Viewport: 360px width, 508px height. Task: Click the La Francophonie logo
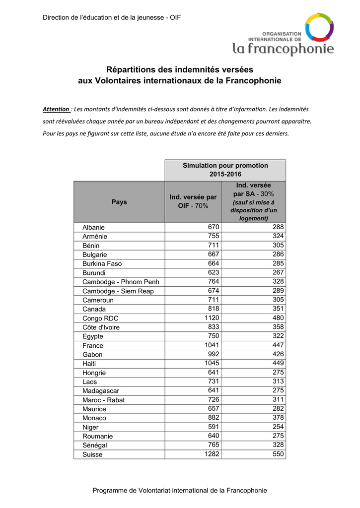pyautogui.click(x=284, y=35)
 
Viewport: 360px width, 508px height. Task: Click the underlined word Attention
pyautogui.click(x=56, y=109)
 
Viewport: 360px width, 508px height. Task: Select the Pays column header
pyautogui.click(x=119, y=202)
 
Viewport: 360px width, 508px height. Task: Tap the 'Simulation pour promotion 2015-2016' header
pyautogui.click(x=225, y=170)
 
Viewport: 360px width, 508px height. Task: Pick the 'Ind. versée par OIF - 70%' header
pyautogui.click(x=193, y=201)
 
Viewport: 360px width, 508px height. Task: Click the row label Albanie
pyautogui.click(x=93, y=228)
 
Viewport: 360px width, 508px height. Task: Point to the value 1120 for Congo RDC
pyautogui.click(x=212, y=317)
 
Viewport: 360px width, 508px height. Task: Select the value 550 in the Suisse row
pyautogui.click(x=278, y=453)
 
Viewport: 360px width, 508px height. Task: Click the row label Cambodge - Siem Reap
pyautogui.click(x=118, y=291)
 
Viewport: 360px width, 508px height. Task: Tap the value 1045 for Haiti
pyautogui.click(x=212, y=363)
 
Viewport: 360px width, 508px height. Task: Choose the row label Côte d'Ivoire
pyautogui.click(x=101, y=327)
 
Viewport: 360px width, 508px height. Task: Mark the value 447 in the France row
pyautogui.click(x=278, y=345)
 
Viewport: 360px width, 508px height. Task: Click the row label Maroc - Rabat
pyautogui.click(x=104, y=400)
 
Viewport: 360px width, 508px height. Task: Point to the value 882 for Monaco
pyautogui.click(x=214, y=417)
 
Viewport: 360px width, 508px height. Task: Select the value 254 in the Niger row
pyautogui.click(x=278, y=427)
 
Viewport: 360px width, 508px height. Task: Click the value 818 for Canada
pyautogui.click(x=214, y=309)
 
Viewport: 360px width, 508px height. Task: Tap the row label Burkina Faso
pyautogui.click(x=102, y=264)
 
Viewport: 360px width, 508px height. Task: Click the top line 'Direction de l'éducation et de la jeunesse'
pyautogui.click(x=112, y=18)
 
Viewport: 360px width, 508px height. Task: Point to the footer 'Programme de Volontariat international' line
pyautogui.click(x=180, y=490)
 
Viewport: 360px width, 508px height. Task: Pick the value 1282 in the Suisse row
pyautogui.click(x=212, y=453)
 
